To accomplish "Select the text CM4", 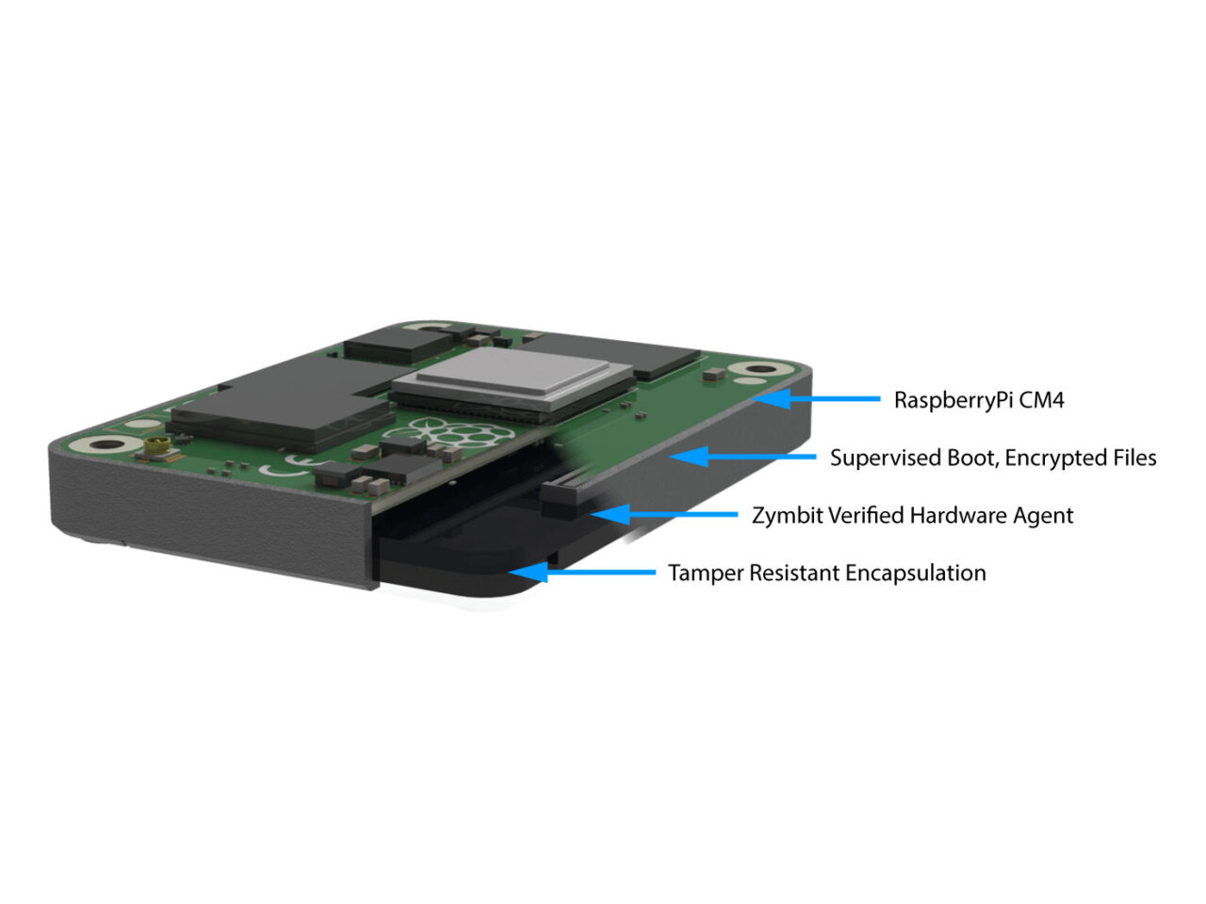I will pyautogui.click(x=1042, y=400).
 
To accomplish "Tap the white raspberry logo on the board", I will pyautogui.click(x=466, y=434).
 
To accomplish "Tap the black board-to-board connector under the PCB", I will pyautogui.click(x=565, y=496).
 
